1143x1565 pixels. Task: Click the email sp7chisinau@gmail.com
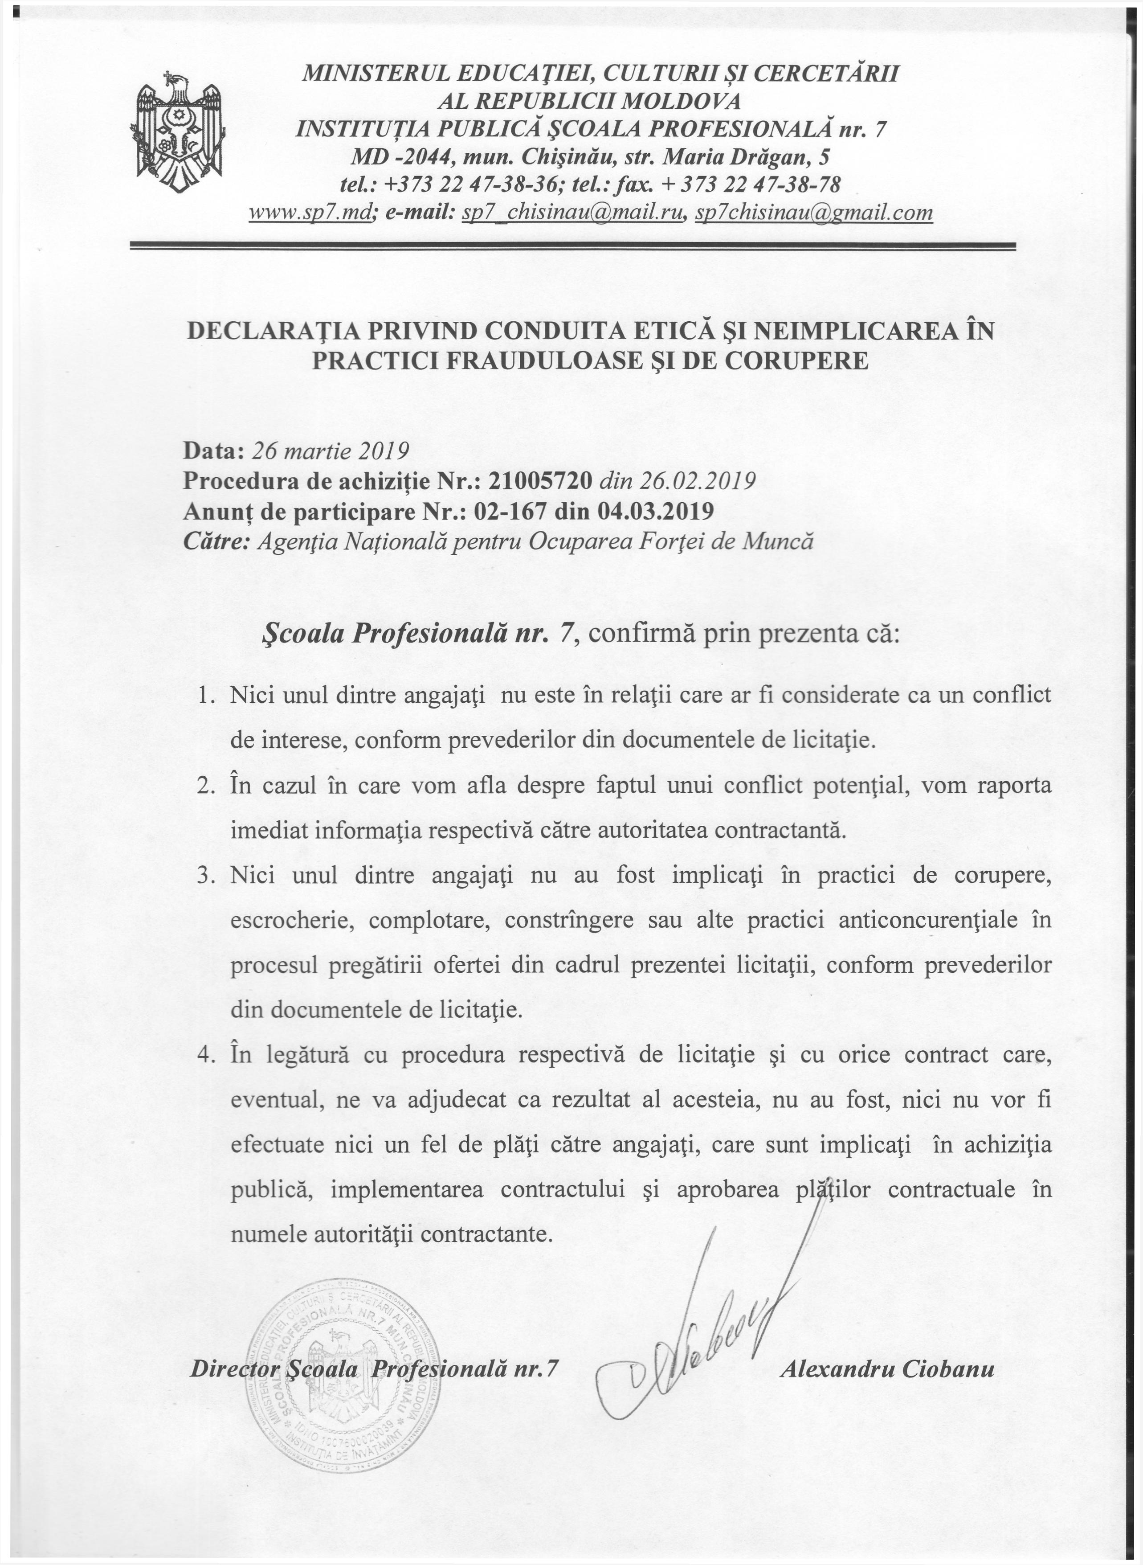tap(814, 213)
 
